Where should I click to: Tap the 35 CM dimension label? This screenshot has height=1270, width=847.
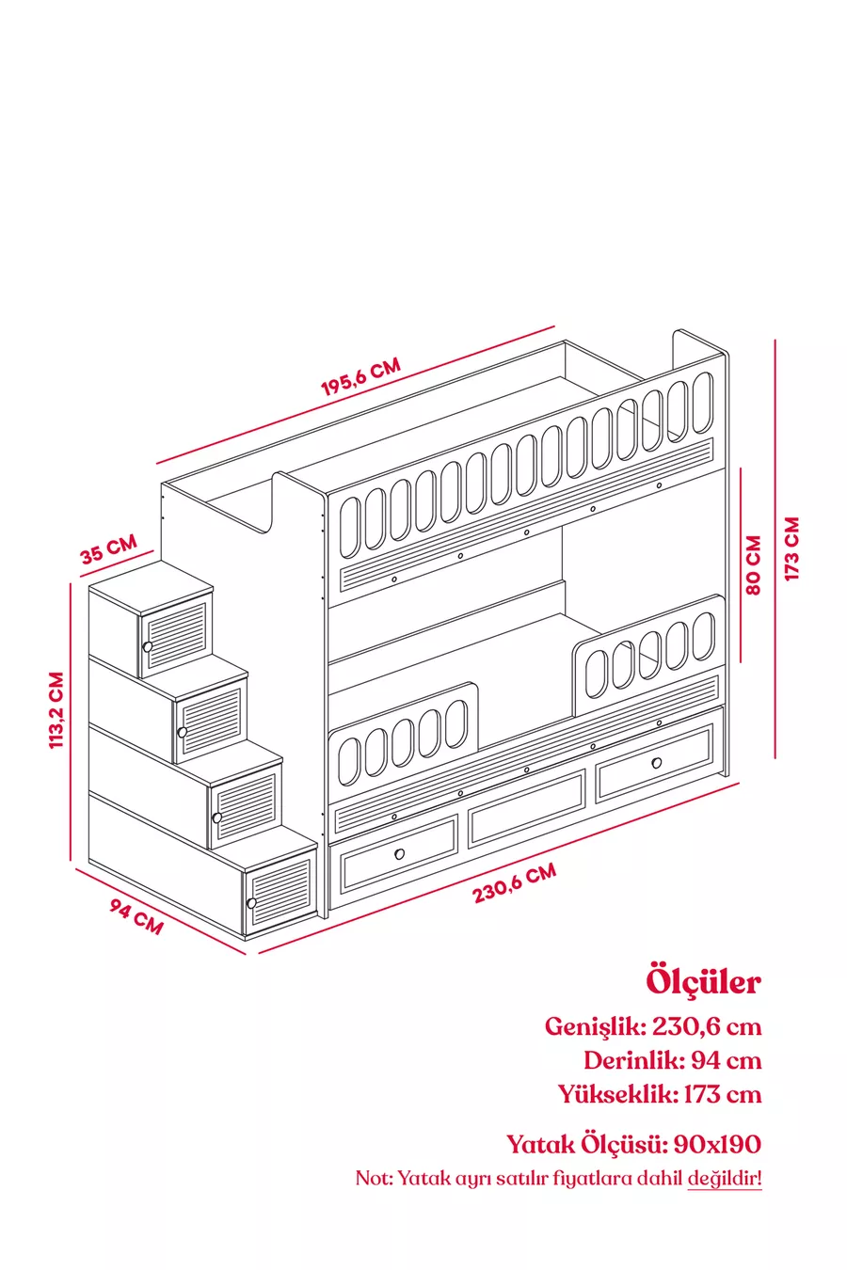pyautogui.click(x=108, y=548)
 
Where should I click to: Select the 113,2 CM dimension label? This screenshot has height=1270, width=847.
pyautogui.click(x=56, y=710)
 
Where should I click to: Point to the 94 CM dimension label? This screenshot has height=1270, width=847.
pyautogui.click(x=136, y=917)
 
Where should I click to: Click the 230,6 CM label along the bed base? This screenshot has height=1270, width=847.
pyautogui.click(x=515, y=883)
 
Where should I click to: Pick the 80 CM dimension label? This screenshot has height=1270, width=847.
pyautogui.click(x=753, y=565)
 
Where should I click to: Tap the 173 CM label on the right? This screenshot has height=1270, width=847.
pyautogui.click(x=791, y=548)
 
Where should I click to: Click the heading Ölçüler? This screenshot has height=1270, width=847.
pyautogui.click(x=703, y=981)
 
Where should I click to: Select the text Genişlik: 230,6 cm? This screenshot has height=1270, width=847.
pyautogui.click(x=653, y=1025)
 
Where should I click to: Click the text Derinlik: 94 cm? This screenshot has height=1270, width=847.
pyautogui.click(x=672, y=1060)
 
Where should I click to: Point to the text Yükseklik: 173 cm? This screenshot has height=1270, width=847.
pyautogui.click(x=659, y=1094)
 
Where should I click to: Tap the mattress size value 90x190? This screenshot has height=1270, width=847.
pyautogui.click(x=718, y=1144)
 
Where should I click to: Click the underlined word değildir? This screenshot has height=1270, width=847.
pyautogui.click(x=724, y=1178)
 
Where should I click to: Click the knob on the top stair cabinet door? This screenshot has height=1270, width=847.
pyautogui.click(x=148, y=647)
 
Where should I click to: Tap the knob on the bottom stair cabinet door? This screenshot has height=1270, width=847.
pyautogui.click(x=251, y=903)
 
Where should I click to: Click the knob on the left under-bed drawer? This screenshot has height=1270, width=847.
pyautogui.click(x=399, y=853)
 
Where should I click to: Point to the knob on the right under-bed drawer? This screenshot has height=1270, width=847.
pyautogui.click(x=656, y=762)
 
